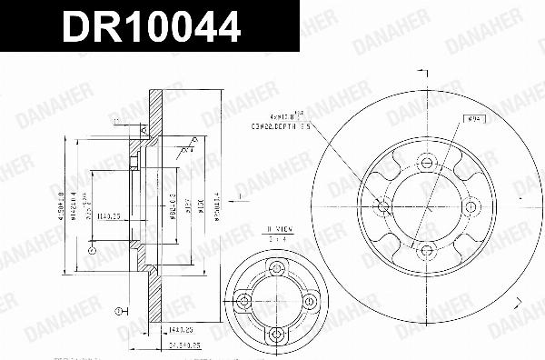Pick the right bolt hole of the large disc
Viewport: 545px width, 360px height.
pyautogui.click(x=470, y=207)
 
